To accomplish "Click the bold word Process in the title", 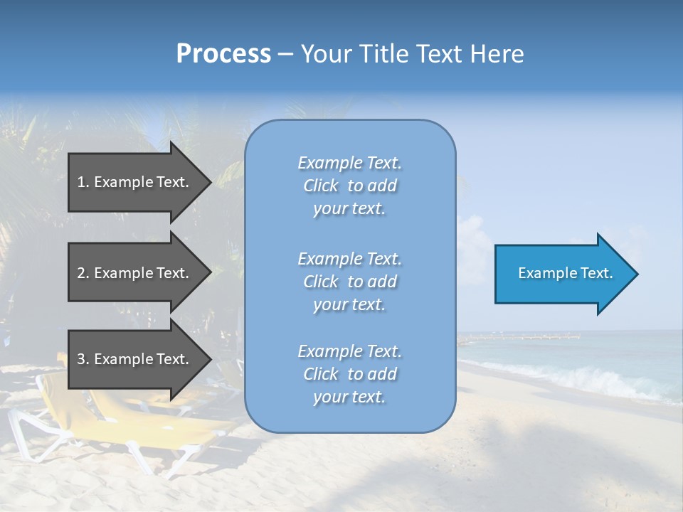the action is tap(223, 54).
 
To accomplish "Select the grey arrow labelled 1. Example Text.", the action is tap(135, 182).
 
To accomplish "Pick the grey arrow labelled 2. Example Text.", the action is tap(135, 273).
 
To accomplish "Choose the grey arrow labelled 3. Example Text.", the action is tap(135, 359).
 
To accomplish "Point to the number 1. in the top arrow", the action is tap(83, 182).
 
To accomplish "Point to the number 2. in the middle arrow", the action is tap(83, 273).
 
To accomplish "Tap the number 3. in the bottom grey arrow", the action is tap(83, 359).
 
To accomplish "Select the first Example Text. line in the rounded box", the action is tap(349, 163).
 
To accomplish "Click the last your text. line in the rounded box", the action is tap(349, 398).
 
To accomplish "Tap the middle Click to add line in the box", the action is tap(349, 282).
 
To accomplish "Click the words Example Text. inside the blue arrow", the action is tap(566, 273).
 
